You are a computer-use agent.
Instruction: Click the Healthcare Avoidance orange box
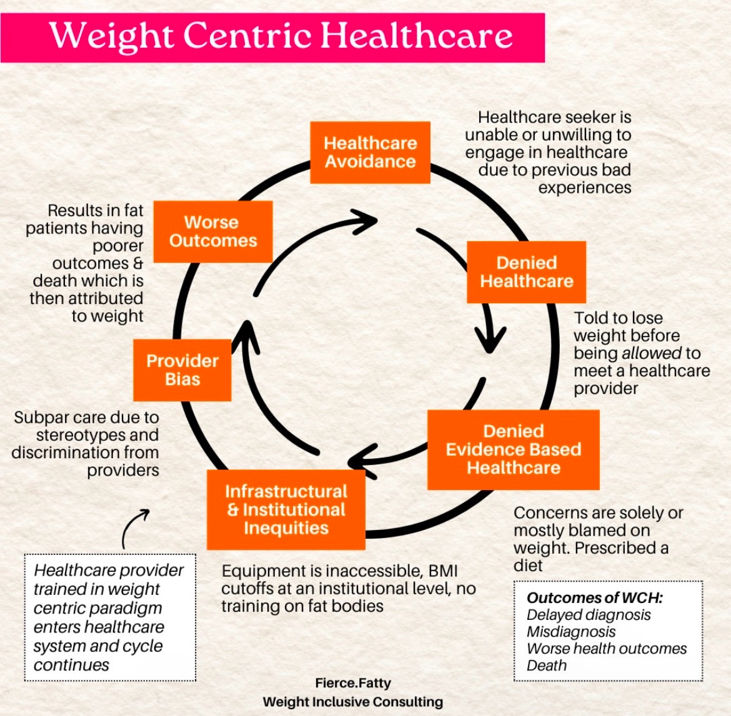tap(370, 152)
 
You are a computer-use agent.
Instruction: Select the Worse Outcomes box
tap(212, 232)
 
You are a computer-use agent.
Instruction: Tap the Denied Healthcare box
tap(526, 272)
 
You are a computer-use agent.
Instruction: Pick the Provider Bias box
tap(182, 370)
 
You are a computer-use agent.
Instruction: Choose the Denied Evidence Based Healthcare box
tap(513, 449)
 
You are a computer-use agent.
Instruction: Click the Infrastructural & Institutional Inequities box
tap(286, 509)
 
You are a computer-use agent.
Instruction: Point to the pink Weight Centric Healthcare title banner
tap(272, 37)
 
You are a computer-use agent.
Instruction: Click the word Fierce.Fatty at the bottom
tap(353, 683)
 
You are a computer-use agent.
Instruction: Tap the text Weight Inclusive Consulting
tap(353, 702)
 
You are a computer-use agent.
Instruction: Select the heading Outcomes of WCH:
tap(594, 597)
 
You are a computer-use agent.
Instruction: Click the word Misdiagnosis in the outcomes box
tap(571, 632)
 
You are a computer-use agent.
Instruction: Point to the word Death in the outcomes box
tap(546, 665)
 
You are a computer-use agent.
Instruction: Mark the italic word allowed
tap(652, 353)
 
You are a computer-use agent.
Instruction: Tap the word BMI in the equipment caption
tap(442, 571)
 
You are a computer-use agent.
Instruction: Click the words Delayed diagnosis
tap(589, 615)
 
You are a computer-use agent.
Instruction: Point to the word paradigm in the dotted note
tap(131, 608)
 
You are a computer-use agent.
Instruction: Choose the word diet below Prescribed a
tap(528, 566)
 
